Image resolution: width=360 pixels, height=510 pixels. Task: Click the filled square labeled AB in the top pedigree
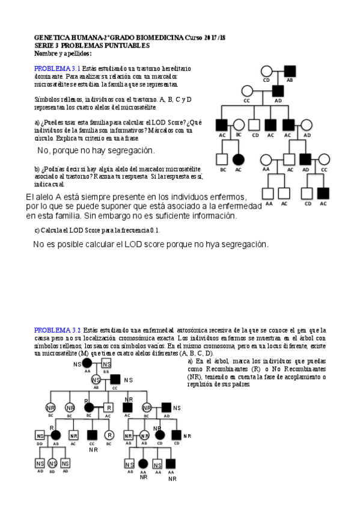(289, 70)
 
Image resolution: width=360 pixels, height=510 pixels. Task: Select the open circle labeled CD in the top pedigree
(267, 70)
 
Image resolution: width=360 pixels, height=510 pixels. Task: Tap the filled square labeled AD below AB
(278, 91)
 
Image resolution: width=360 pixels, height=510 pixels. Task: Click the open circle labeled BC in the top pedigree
(239, 125)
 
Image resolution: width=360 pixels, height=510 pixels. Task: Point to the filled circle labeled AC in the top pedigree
(238, 159)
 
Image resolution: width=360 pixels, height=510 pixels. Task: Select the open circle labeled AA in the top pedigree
(266, 159)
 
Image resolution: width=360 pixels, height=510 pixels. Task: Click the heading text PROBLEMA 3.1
(53, 69)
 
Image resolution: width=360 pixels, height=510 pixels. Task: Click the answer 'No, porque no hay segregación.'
(96, 150)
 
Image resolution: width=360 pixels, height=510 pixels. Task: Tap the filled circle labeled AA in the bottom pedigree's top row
(87, 364)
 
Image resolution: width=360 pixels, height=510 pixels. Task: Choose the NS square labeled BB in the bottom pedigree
(106, 364)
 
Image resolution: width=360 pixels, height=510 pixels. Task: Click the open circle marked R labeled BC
(109, 435)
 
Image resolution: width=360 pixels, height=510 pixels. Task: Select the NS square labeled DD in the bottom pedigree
(40, 435)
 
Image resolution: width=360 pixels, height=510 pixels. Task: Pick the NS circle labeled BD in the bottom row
(52, 464)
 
